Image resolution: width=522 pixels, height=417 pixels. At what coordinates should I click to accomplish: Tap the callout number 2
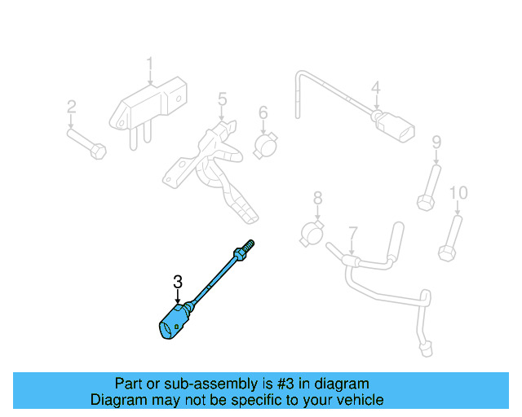pos(71,107)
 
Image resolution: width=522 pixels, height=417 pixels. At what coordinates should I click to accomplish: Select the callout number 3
pos(178,282)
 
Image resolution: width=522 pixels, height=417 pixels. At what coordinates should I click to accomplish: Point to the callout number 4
pos(375,88)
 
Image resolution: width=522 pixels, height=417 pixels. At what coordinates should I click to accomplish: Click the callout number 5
pos(221,99)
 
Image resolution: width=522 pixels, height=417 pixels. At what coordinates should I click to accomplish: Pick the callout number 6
pos(263,112)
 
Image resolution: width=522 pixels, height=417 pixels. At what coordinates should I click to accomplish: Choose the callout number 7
pos(352,233)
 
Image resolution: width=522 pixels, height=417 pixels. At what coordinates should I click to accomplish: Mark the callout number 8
pos(317,197)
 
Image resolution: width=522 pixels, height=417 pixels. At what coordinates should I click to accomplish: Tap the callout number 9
pos(436,143)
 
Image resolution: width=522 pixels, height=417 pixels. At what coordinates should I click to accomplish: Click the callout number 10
pos(458,193)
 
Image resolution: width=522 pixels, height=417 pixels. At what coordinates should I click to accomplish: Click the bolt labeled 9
pos(429,187)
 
